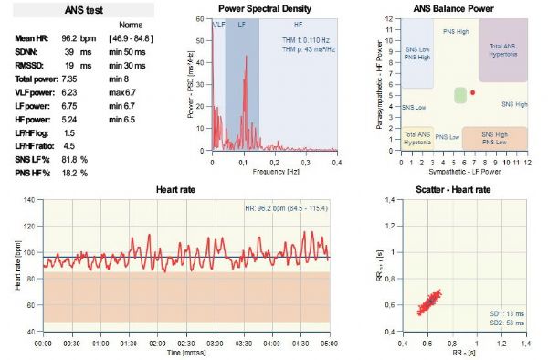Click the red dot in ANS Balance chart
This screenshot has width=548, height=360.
472,93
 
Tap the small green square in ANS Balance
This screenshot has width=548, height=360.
460,95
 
